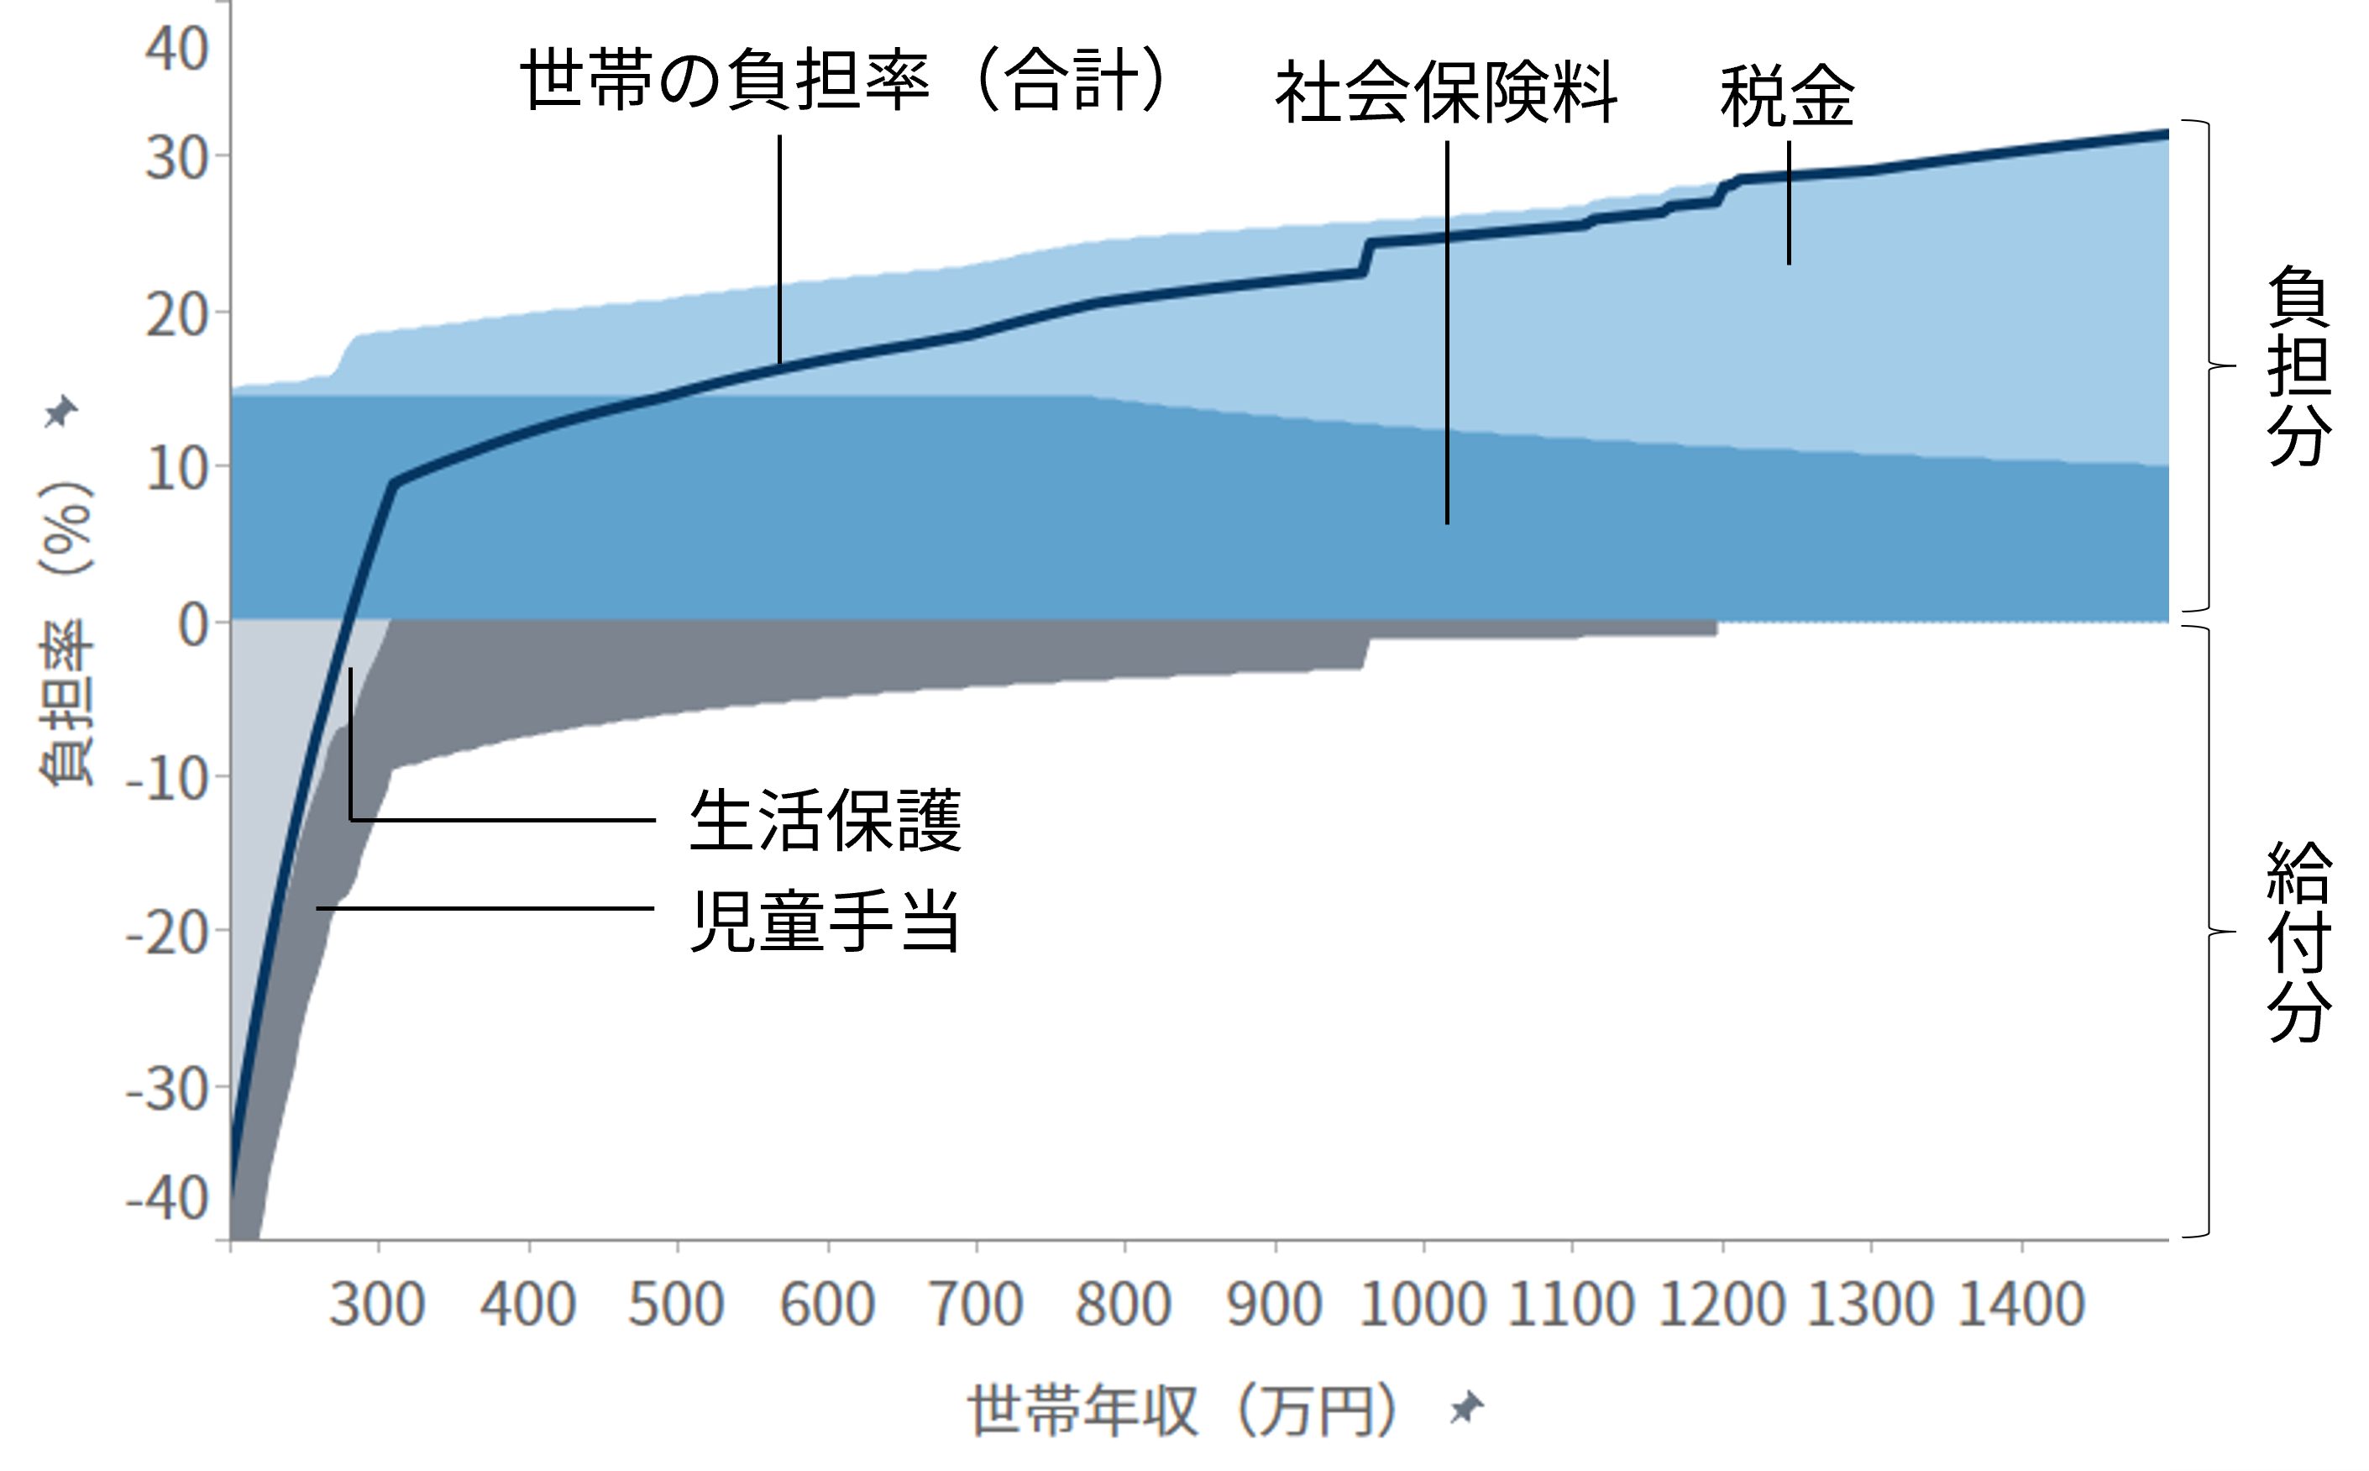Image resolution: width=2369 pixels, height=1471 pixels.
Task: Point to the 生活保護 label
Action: (x=825, y=820)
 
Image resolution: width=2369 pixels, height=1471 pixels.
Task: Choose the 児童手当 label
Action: (x=825, y=921)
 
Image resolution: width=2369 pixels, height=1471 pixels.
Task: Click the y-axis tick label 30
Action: (x=177, y=158)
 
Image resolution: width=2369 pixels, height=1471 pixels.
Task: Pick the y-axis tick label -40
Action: (x=167, y=1199)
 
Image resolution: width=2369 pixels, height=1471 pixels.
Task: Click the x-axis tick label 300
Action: (x=377, y=1304)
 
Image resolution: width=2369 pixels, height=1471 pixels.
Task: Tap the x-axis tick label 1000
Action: (x=1423, y=1304)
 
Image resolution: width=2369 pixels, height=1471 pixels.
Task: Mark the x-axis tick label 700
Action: (x=977, y=1304)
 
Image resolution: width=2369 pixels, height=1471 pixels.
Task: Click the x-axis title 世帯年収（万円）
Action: (x=1184, y=1410)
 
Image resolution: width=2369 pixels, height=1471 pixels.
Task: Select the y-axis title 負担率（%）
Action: (x=66, y=633)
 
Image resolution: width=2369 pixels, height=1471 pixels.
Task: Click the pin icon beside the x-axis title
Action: (x=1465, y=1408)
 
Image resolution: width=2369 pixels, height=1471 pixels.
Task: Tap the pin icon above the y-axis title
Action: (x=61, y=412)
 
